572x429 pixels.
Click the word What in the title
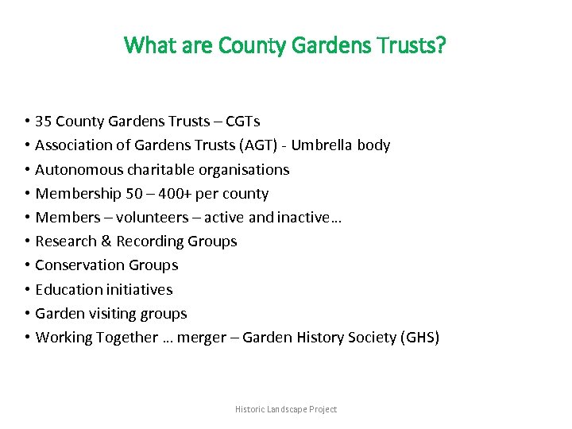tap(148, 45)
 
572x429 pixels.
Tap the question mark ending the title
tap(441, 45)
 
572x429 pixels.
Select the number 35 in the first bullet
tap(44, 122)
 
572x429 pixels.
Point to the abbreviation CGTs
tap(242, 122)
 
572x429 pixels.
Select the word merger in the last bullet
tap(203, 338)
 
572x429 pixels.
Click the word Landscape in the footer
tap(283, 409)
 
